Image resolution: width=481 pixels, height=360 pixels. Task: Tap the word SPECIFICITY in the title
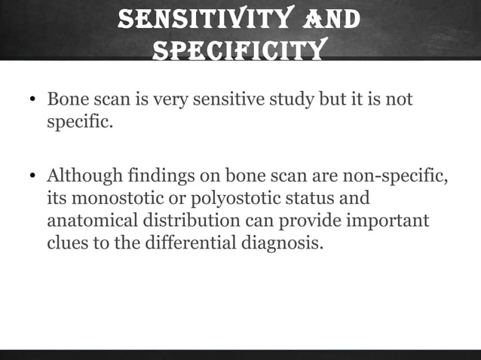click(x=239, y=50)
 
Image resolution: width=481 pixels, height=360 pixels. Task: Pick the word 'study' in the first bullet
click(x=293, y=100)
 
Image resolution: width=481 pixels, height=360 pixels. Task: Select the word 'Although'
click(x=81, y=178)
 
